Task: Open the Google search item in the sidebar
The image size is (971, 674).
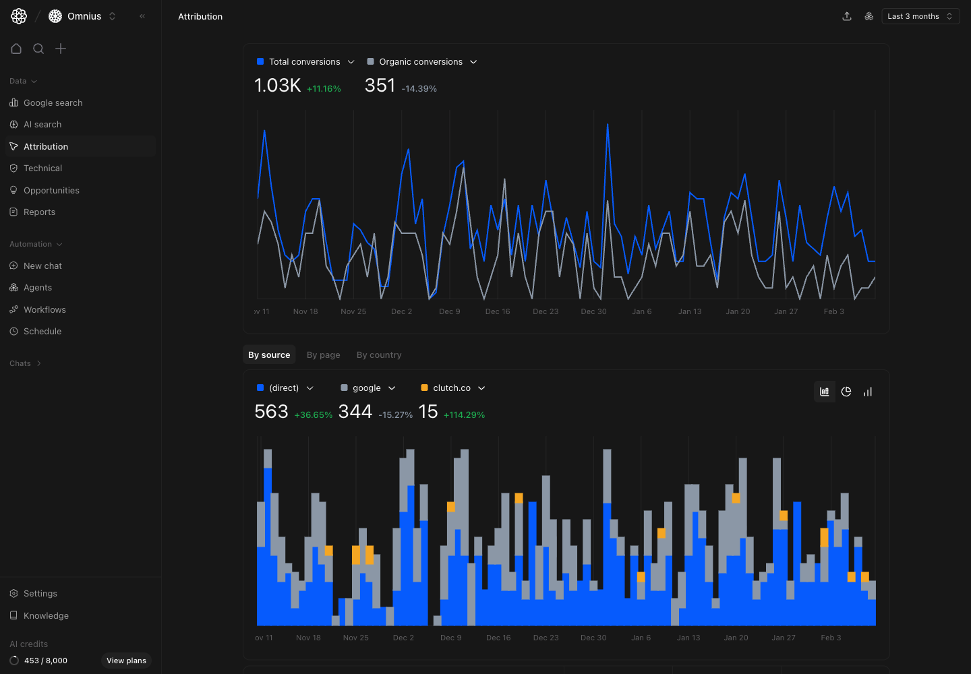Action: (53, 102)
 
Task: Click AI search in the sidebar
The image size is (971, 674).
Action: (42, 125)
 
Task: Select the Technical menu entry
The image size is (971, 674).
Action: (42, 168)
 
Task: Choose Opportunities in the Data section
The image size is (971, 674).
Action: (51, 191)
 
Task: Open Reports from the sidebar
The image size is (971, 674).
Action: (39, 212)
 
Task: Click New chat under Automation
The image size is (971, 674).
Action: (42, 266)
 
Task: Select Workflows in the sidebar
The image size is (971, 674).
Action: (45, 310)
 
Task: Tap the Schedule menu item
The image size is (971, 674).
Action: (42, 332)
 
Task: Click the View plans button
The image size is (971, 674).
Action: (126, 661)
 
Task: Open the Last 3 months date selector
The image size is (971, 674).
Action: (920, 16)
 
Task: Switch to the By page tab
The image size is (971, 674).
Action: (323, 355)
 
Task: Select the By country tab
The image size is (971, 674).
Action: (379, 355)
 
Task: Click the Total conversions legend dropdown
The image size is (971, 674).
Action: (305, 62)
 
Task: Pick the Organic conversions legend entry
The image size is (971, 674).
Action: (421, 62)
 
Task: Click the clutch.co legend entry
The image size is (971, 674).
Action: (452, 388)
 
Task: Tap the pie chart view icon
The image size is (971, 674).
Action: (846, 392)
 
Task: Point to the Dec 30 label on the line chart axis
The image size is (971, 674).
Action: (593, 311)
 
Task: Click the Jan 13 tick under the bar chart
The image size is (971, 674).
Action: (688, 638)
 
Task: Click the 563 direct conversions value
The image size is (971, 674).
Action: (271, 412)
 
